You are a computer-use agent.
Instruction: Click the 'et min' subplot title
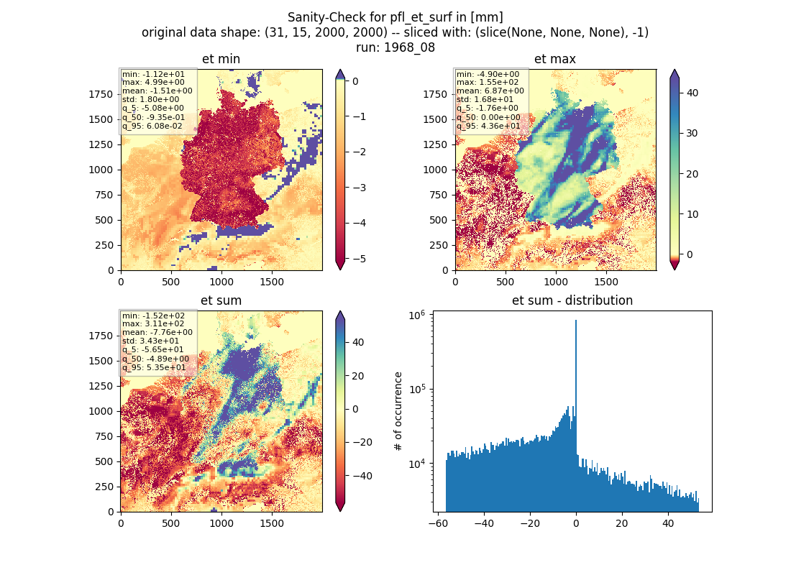pos(221,59)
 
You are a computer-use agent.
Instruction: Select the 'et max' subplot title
pos(555,59)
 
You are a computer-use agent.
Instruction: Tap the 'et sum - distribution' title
pos(572,300)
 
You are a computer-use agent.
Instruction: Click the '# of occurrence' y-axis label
pos(398,412)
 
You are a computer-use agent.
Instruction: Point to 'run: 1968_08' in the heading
pos(395,47)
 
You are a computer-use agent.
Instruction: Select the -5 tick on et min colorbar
pos(359,259)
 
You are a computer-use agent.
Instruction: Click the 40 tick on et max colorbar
pos(692,93)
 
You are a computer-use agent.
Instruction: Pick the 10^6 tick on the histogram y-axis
pos(416,316)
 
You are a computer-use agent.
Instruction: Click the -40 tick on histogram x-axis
pos(484,523)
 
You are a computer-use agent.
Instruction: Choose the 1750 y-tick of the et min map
pos(101,94)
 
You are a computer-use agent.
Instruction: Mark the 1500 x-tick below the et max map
pos(606,282)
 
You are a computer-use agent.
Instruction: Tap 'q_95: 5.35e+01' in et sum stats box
pos(154,367)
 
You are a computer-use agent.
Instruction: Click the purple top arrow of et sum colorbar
pos(340,316)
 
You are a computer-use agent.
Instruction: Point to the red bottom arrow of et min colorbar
pos(340,264)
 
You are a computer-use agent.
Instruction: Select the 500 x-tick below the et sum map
pos(171,523)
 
